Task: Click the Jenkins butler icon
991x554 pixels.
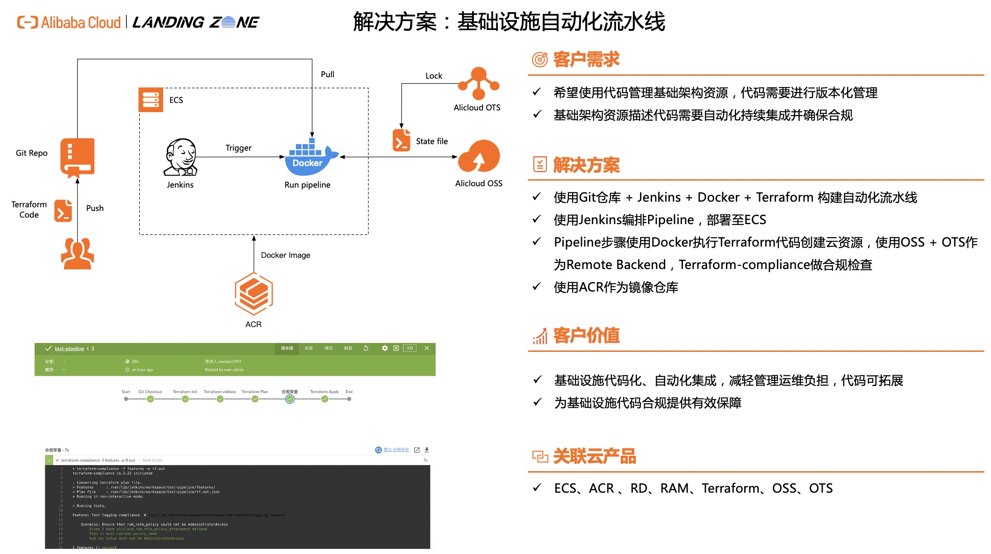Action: [180, 157]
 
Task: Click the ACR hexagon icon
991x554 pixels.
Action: [254, 294]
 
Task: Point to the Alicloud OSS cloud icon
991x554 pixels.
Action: [479, 157]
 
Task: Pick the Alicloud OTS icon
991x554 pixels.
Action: [479, 83]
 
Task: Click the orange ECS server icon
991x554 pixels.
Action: [151, 100]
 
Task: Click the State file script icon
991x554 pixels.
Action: [402, 140]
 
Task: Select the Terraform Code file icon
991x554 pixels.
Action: [63, 210]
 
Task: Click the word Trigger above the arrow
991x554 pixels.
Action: [238, 148]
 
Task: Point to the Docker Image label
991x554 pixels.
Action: [286, 255]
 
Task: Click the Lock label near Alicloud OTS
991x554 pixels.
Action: [434, 76]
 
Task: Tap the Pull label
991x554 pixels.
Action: [327, 74]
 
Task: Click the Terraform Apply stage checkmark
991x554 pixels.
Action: [324, 399]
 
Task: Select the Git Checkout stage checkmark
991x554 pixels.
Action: [150, 399]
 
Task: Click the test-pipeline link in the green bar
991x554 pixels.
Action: [69, 349]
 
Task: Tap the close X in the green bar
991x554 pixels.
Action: [427, 348]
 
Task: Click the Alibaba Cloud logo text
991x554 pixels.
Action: [80, 22]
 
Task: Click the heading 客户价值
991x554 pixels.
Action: [586, 335]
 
